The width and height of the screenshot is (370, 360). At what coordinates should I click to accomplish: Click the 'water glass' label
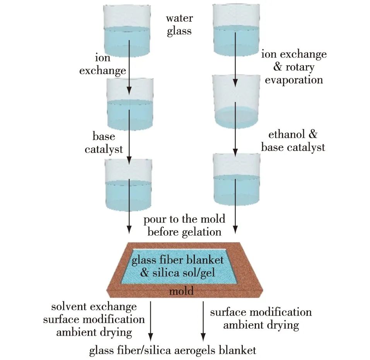[179, 25]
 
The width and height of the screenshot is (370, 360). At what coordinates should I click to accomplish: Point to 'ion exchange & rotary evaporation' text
[294, 67]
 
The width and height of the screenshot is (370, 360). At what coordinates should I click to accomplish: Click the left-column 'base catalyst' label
[104, 143]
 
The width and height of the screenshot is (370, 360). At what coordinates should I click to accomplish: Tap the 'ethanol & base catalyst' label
[293, 141]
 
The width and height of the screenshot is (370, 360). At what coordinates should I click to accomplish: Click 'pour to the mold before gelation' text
[184, 226]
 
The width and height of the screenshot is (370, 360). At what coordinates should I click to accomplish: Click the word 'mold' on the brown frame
[181, 290]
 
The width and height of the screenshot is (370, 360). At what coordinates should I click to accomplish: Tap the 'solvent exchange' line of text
[94, 307]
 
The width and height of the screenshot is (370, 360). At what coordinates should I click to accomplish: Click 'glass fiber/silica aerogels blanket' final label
[172, 350]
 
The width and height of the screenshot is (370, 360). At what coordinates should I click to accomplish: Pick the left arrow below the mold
[151, 321]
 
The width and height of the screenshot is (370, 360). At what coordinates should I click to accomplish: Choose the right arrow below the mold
[202, 321]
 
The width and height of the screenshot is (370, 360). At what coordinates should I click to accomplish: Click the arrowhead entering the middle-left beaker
[129, 90]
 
